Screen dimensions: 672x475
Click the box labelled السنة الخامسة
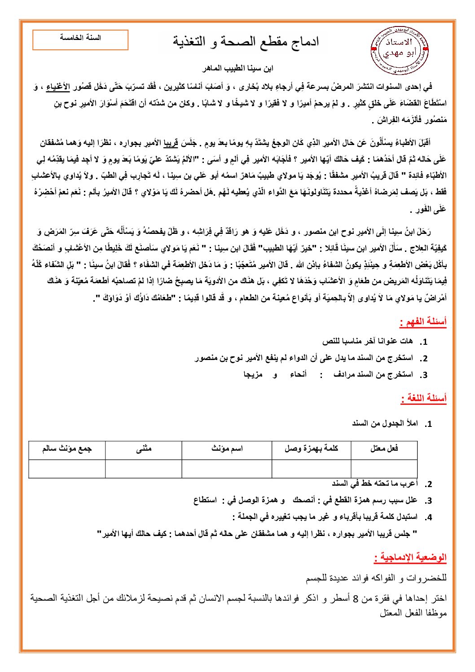click(80, 40)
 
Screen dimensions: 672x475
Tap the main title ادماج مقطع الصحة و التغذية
click(246, 42)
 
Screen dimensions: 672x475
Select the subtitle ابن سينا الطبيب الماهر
click(237, 69)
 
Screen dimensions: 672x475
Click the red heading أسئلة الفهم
click(423, 322)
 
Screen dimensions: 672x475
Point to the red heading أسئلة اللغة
click(423, 398)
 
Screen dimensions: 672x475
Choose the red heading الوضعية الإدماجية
click(410, 558)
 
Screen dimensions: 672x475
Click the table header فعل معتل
click(384, 448)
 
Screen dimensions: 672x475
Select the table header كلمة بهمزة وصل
click(311, 448)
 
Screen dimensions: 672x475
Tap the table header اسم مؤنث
click(227, 448)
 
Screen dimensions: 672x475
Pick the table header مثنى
click(144, 448)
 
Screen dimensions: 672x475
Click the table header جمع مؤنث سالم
click(67, 448)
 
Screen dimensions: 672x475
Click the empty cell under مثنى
click(144, 468)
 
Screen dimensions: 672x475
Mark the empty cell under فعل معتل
click(384, 468)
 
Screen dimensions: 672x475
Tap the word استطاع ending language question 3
click(205, 500)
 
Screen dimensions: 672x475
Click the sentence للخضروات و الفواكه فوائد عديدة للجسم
click(376, 578)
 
